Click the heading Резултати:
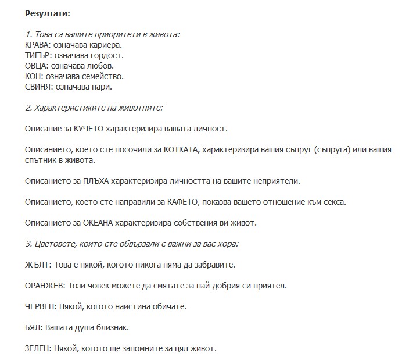click(48, 13)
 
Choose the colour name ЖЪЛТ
click(38, 265)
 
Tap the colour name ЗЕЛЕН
click(38, 348)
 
